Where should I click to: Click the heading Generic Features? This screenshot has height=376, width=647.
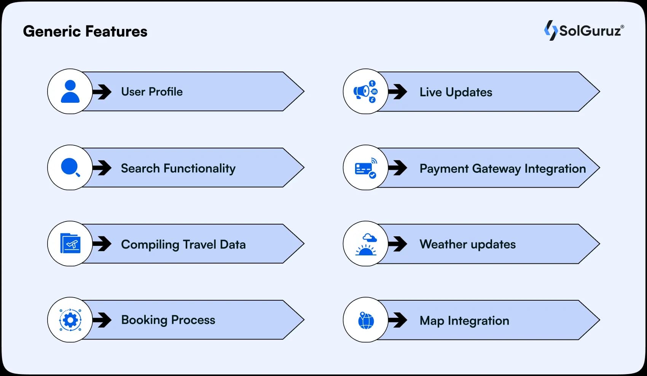(x=85, y=31)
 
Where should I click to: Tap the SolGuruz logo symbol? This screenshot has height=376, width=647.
(x=551, y=30)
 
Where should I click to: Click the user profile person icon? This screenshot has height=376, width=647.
(x=70, y=91)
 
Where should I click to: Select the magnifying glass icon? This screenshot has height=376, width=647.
(x=70, y=167)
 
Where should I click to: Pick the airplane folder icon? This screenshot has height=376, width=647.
(x=70, y=243)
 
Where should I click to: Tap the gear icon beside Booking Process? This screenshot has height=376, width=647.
(x=70, y=320)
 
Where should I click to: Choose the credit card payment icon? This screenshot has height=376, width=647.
(x=366, y=168)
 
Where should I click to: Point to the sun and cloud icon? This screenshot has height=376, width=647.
(x=366, y=244)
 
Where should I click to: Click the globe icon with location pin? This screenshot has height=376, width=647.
(x=366, y=320)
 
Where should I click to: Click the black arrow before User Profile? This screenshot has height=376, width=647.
(x=102, y=92)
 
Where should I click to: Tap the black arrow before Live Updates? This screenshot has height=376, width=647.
(x=398, y=92)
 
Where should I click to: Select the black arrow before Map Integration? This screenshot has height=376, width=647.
(x=398, y=320)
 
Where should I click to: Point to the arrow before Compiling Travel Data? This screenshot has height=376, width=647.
(x=102, y=244)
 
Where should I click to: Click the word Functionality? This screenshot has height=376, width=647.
(x=199, y=169)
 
